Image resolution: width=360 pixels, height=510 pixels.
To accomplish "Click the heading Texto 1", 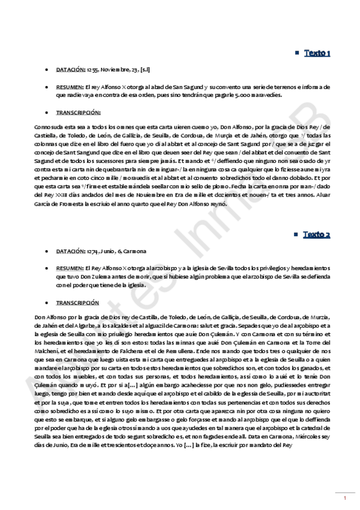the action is coord(317,54).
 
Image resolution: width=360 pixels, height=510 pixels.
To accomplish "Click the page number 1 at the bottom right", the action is coord(345,498).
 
